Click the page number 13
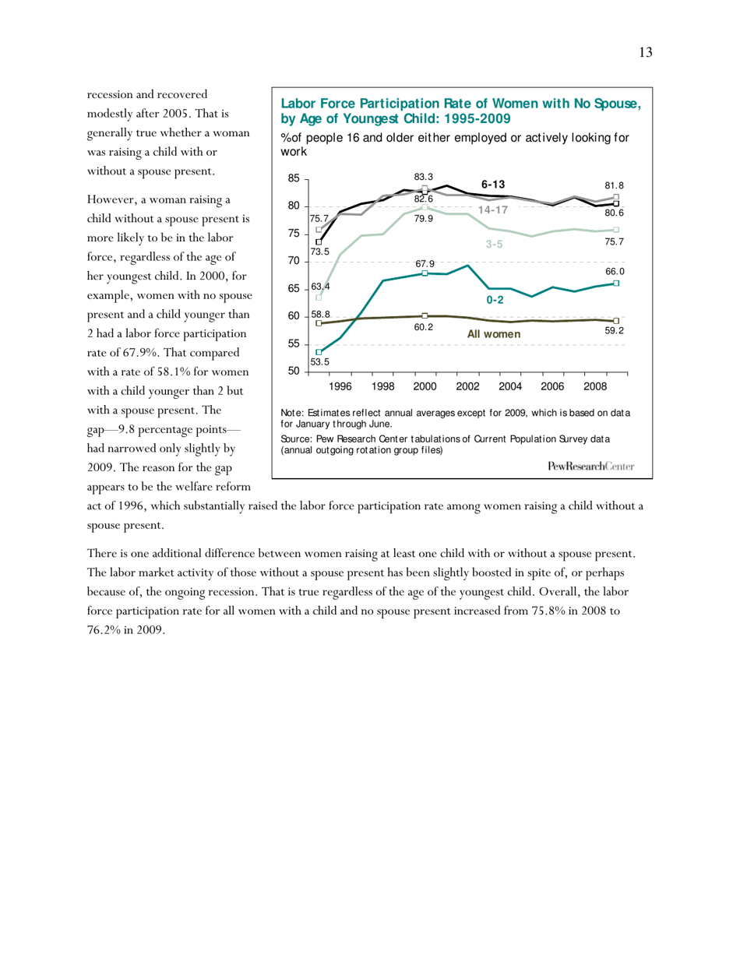click(645, 53)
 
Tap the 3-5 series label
click(495, 245)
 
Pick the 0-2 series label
click(495, 299)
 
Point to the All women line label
click(493, 333)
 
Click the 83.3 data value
click(424, 178)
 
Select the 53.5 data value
click(319, 361)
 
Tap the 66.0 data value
click(617, 270)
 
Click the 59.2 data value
click(616, 330)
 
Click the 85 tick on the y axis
click(293, 178)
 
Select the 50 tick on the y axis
click(293, 372)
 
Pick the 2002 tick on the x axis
click(467, 386)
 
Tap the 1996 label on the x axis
click(340, 386)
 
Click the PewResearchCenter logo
click(590, 466)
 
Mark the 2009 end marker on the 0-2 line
click(616, 284)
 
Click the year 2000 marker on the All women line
click(425, 315)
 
